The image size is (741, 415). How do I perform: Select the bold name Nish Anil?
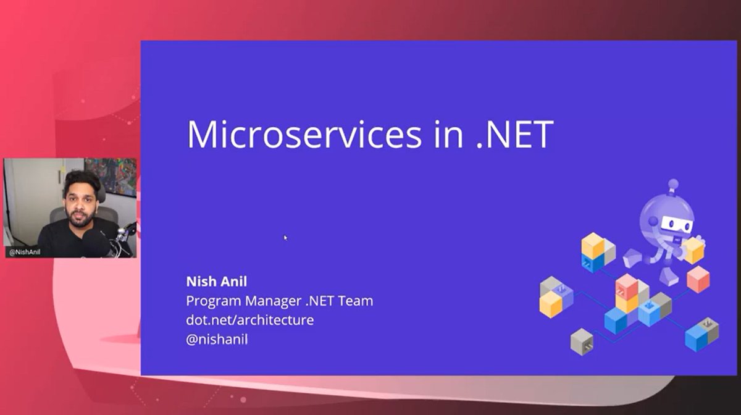(216, 282)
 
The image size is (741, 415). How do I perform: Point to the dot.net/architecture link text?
(249, 321)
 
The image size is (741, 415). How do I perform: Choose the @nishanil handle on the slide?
(217, 340)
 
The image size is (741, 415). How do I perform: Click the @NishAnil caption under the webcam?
(25, 252)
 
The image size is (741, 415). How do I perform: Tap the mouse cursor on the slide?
(285, 237)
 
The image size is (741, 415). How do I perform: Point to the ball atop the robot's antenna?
(673, 183)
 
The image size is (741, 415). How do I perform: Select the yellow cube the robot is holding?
(694, 250)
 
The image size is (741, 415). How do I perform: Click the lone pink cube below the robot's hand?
(698, 279)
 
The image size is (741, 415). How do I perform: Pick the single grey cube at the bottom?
(582, 342)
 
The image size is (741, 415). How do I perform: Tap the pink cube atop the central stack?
(627, 286)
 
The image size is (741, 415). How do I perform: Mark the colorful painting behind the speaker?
(111, 175)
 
